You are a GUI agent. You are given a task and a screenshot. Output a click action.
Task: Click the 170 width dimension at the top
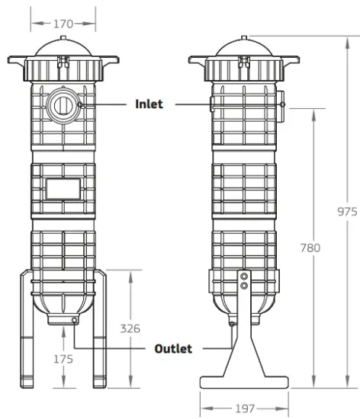(x=63, y=24)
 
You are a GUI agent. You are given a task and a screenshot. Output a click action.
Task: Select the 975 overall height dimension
(x=347, y=212)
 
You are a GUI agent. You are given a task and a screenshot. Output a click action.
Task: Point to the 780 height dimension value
(x=310, y=248)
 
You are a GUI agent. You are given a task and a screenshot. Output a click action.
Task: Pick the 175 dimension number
(x=63, y=359)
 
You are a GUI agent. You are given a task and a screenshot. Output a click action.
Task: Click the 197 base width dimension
(x=244, y=408)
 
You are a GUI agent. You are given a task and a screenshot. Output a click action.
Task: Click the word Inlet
(x=149, y=104)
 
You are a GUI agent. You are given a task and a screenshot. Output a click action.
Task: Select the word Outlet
(x=173, y=349)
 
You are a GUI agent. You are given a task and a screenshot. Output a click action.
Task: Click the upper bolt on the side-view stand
(x=244, y=277)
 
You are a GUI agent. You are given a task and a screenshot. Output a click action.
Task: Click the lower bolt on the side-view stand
(x=244, y=286)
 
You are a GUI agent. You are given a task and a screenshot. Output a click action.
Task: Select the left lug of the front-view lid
(x=17, y=59)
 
